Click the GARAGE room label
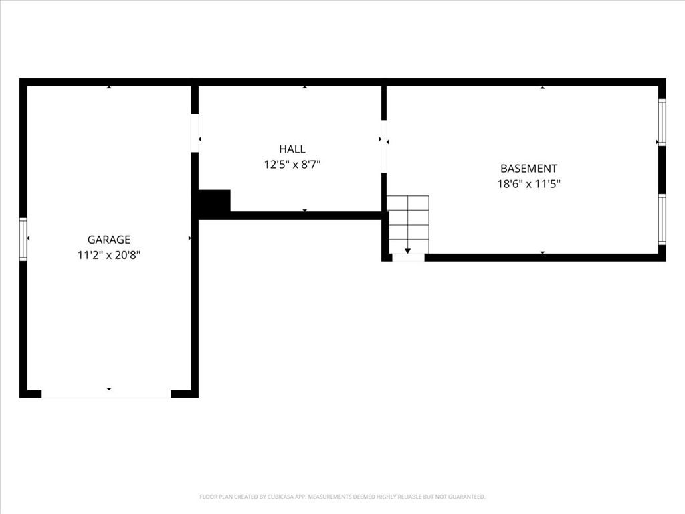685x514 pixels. (x=109, y=240)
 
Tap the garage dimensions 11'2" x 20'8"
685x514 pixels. (x=109, y=255)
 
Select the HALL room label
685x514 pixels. (x=292, y=149)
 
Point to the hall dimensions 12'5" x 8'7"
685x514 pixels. (x=292, y=165)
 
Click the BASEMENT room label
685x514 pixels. (x=528, y=169)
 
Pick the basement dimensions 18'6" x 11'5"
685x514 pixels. (x=528, y=185)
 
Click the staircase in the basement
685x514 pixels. (x=408, y=224)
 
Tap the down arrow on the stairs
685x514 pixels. (x=407, y=250)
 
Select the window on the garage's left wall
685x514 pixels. (x=23, y=239)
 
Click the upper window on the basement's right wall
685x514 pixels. (x=662, y=122)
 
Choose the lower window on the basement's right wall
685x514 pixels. (x=662, y=220)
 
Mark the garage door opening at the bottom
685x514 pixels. (x=106, y=394)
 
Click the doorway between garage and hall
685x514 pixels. (x=195, y=133)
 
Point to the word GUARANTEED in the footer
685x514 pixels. (x=463, y=497)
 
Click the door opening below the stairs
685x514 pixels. (x=408, y=258)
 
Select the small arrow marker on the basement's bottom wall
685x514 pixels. (x=543, y=253)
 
